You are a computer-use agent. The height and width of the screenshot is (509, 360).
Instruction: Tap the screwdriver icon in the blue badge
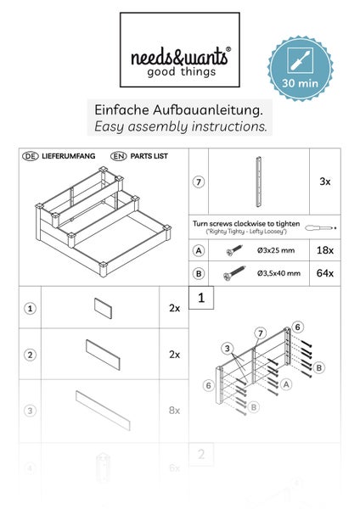299,62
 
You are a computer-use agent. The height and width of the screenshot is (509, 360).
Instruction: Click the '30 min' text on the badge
299,84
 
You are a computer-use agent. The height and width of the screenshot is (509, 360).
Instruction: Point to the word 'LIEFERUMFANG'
69,157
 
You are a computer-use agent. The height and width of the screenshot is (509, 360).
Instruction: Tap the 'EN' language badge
119,157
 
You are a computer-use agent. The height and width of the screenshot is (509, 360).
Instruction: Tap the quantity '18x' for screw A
324,251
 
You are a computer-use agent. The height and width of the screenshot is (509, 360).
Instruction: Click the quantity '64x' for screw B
324,273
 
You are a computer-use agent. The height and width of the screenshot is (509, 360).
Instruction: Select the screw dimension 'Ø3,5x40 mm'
278,273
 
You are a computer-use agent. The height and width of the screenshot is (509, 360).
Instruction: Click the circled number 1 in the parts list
30,309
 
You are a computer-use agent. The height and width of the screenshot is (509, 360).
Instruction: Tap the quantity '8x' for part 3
174,410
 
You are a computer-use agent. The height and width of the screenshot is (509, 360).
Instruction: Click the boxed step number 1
200,299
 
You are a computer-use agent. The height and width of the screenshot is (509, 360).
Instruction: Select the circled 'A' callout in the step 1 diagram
286,383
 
